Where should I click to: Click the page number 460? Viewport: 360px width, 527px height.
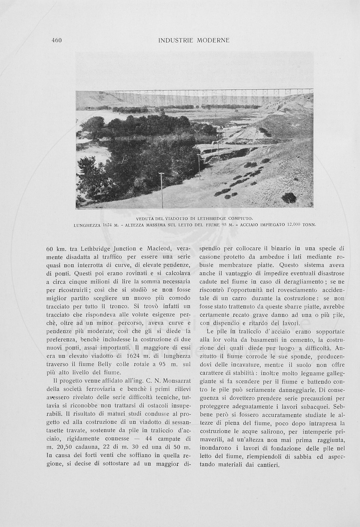pyautogui.click(x=56, y=40)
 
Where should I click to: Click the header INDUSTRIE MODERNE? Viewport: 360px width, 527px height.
pyautogui.click(x=194, y=40)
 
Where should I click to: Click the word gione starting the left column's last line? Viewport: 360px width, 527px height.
pyautogui.click(x=55, y=464)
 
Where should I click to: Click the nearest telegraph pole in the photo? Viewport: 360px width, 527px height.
pyautogui.click(x=162, y=190)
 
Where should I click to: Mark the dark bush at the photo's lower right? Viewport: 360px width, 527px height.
pyautogui.click(x=288, y=198)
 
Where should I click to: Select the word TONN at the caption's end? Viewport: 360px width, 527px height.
pyautogui.click(x=309, y=225)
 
